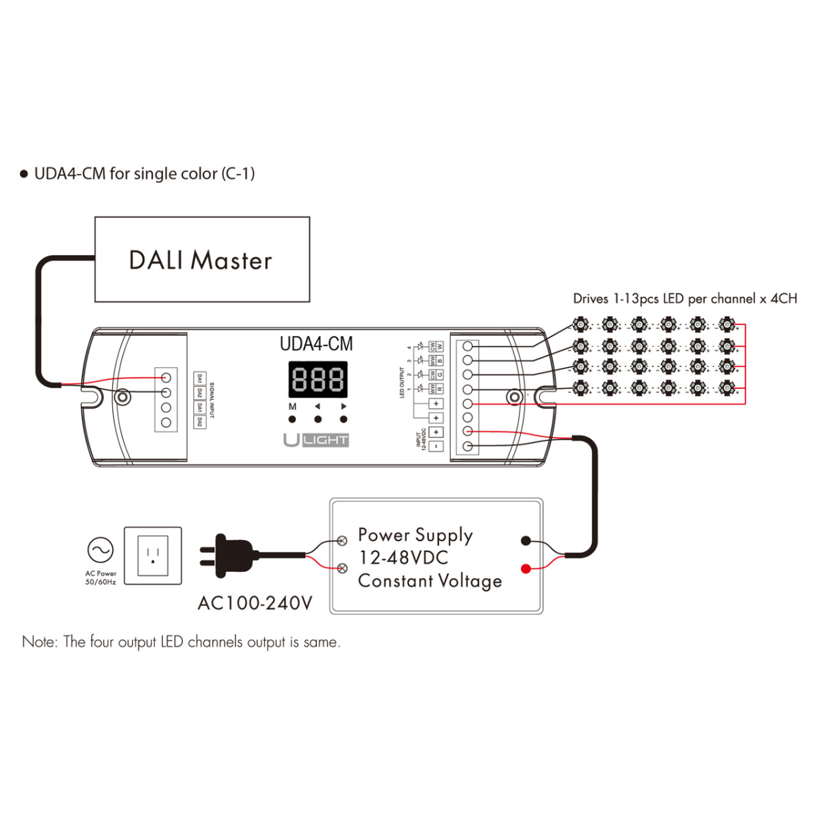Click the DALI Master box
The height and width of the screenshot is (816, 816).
click(202, 260)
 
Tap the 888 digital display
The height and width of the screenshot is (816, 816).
click(318, 379)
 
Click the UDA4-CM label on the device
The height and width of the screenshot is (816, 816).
click(316, 344)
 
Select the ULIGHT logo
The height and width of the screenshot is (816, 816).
click(316, 440)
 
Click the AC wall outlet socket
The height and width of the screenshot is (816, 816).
click(153, 556)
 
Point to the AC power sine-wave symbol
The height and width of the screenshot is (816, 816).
click(101, 549)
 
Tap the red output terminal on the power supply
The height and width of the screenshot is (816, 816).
click(526, 568)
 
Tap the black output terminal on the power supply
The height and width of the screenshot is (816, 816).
click(526, 541)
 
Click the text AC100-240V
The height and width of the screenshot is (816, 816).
click(255, 603)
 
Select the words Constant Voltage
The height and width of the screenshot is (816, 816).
click(430, 581)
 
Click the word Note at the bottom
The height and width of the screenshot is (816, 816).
click(39, 642)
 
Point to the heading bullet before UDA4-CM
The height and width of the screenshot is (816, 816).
click(24, 175)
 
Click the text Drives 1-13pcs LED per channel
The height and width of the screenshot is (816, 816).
click(684, 299)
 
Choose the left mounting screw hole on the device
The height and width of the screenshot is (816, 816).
click(122, 396)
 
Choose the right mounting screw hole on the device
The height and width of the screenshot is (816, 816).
click(515, 396)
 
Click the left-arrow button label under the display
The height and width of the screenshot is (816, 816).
click(318, 407)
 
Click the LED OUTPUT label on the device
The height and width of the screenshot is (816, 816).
click(402, 383)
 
